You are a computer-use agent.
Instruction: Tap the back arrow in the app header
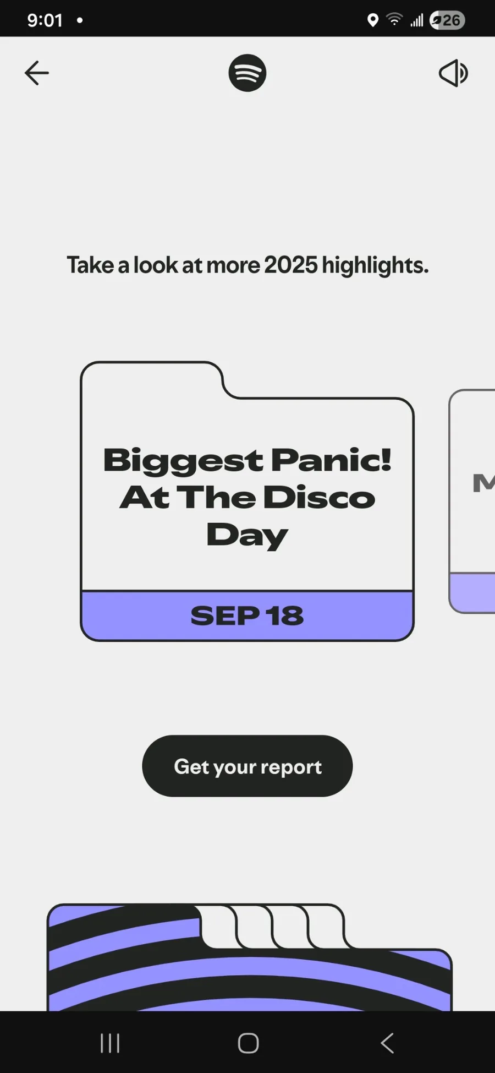37,73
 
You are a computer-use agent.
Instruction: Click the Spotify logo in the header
248,73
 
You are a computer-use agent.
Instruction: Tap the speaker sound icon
453,73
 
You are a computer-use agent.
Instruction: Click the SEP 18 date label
247,616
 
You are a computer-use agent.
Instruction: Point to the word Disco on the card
319,497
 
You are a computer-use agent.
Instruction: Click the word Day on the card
247,536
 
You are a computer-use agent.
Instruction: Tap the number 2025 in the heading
290,265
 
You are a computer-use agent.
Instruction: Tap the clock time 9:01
45,20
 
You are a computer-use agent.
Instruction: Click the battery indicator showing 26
448,20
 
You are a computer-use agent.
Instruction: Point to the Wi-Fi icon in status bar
394,19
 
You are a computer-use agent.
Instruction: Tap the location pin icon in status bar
373,20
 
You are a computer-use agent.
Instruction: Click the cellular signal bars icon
417,21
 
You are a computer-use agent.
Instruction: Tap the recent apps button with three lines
110,1043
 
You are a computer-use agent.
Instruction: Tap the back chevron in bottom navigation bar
387,1043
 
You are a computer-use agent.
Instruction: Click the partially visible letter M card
472,501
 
